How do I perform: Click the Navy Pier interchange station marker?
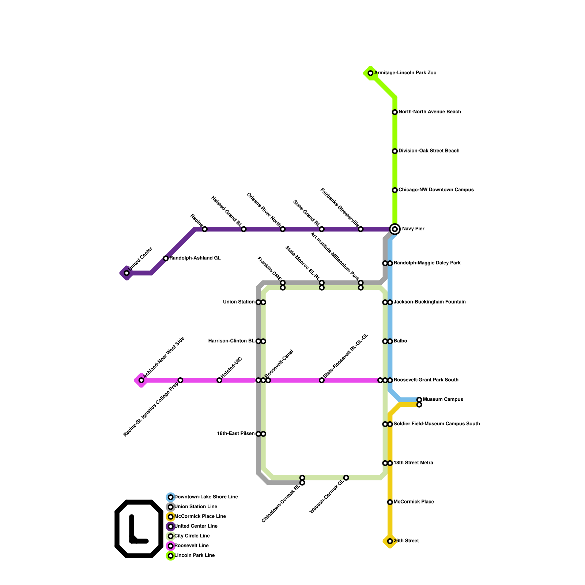click(x=395, y=229)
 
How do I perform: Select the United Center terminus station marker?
click(x=127, y=273)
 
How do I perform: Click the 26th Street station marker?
click(x=390, y=541)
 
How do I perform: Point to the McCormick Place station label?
click(x=414, y=502)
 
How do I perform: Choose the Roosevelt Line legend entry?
click(x=191, y=546)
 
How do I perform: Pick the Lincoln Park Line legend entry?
click(x=194, y=556)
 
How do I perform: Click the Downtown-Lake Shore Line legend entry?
click(x=206, y=497)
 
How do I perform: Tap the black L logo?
click(x=139, y=529)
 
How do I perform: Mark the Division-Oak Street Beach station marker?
click(x=395, y=151)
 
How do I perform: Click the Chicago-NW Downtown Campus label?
click(x=436, y=190)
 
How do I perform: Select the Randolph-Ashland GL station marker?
click(x=166, y=258)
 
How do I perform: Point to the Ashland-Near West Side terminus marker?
click(x=141, y=380)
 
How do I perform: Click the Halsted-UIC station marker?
click(x=219, y=380)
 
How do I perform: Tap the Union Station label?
click(x=239, y=302)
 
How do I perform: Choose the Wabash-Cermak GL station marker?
click(x=346, y=478)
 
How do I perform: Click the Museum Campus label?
click(x=443, y=400)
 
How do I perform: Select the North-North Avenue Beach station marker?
click(x=395, y=112)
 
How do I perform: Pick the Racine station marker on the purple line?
click(x=205, y=229)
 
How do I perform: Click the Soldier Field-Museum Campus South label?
click(x=437, y=424)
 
